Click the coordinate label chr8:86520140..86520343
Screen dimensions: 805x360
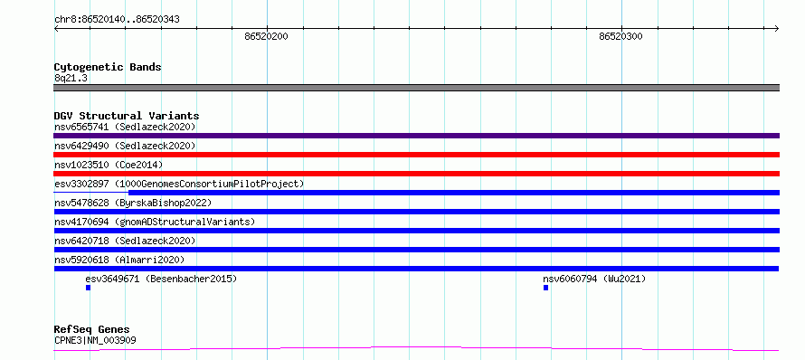[117, 20]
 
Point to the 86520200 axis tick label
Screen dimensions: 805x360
[267, 36]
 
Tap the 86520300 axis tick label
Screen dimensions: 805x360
[620, 36]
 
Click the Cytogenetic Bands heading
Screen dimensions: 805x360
[108, 67]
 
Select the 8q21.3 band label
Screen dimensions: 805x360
[71, 78]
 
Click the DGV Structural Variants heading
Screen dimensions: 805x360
[127, 116]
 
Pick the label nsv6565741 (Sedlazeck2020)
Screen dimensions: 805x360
[125, 127]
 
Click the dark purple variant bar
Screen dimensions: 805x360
[416, 136]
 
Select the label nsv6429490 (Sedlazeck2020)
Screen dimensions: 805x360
[125, 146]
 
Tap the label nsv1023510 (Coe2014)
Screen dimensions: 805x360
[109, 165]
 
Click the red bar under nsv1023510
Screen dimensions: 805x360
[416, 174]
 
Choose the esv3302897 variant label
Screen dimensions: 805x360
[179, 184]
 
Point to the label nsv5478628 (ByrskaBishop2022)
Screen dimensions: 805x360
[133, 203]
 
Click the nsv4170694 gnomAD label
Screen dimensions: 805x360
[155, 222]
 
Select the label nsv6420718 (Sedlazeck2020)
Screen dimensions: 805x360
[125, 241]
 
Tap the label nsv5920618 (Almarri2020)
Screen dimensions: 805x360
[119, 260]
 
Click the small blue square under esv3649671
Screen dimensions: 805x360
[89, 288]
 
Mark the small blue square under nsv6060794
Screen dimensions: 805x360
[545, 288]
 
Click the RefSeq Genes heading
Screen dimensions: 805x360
[92, 330]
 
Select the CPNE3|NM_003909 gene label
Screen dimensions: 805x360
[95, 340]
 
